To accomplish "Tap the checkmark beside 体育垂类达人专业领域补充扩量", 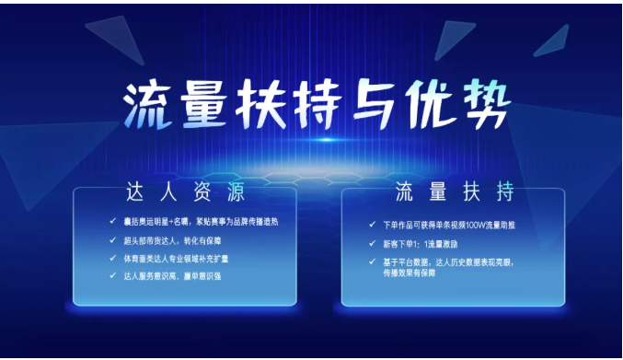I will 113,257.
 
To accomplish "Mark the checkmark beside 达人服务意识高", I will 113,274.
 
